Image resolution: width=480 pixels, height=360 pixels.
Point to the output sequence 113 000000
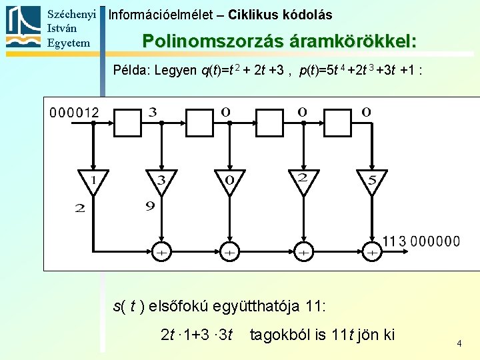(x=421, y=241)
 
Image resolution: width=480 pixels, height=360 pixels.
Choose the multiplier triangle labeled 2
(x=303, y=181)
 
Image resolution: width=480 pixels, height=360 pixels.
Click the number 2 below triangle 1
(x=80, y=208)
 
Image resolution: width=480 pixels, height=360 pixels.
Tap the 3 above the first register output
(x=153, y=112)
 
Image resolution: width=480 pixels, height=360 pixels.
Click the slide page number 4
(x=459, y=343)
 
